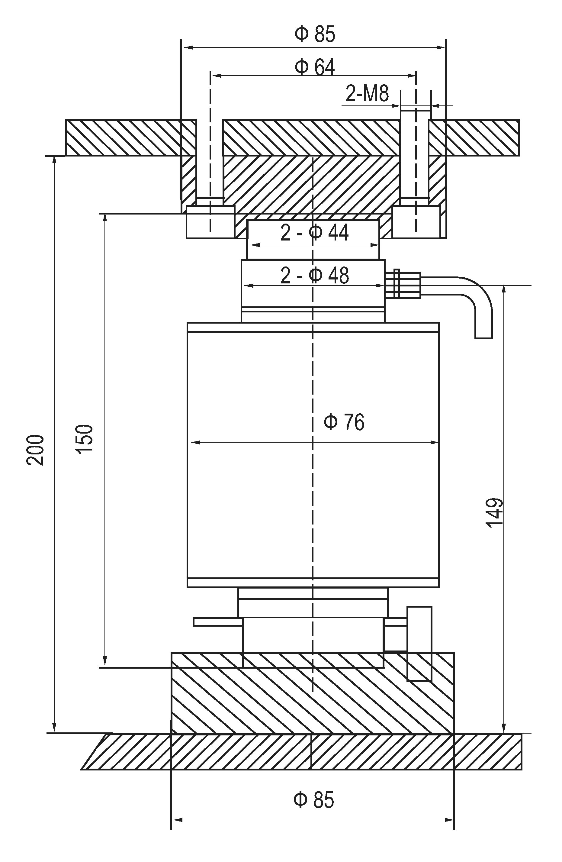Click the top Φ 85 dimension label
[x=314, y=34]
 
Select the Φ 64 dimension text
[x=314, y=67]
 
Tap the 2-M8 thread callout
[x=367, y=94]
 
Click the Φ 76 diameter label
[x=344, y=422]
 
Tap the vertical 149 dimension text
[x=495, y=513]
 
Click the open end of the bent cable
[x=483, y=337]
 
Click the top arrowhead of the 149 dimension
[x=503, y=288]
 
